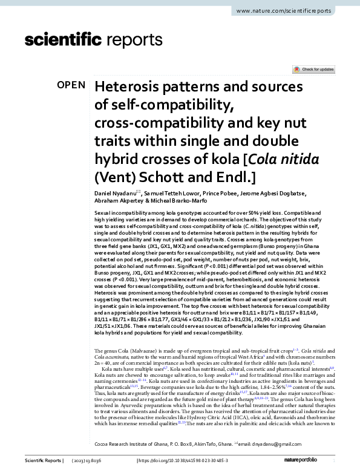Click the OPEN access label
(71, 85)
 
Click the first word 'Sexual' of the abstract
(103, 215)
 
